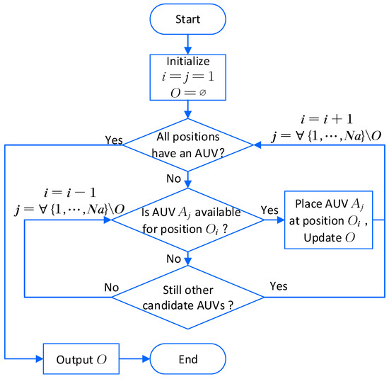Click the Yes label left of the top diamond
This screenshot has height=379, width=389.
[115, 140]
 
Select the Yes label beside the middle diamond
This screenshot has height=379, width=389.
[269, 211]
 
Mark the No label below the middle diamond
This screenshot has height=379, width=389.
[174, 259]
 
